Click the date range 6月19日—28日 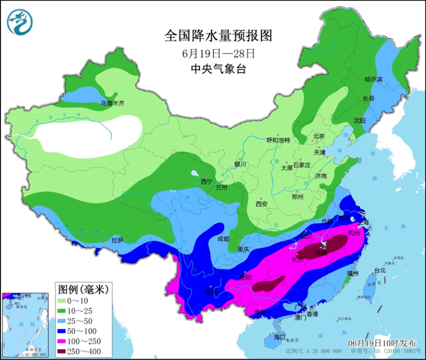pos(218,53)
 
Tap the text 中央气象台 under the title pos(218,69)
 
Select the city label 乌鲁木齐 pos(112,103)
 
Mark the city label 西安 pos(261,203)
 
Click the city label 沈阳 pos(359,120)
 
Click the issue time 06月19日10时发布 pos(381,343)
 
